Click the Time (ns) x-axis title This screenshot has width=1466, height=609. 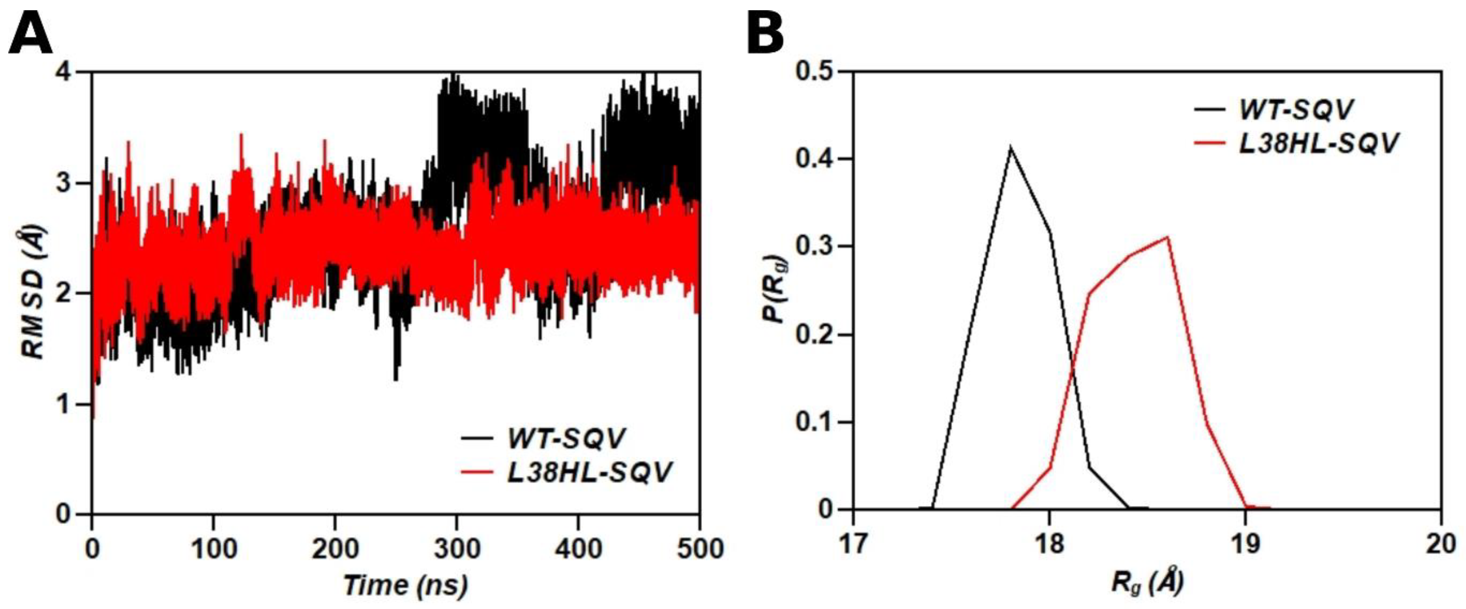coord(405,585)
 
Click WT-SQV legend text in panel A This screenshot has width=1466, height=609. coord(566,438)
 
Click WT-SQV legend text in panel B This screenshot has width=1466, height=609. coord(1295,109)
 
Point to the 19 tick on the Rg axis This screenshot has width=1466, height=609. coord(1245,544)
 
